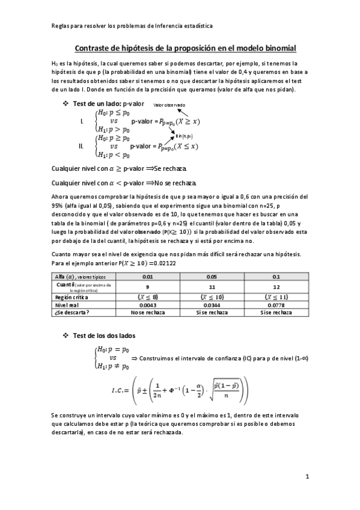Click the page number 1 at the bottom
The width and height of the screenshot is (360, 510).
pyautogui.click(x=307, y=477)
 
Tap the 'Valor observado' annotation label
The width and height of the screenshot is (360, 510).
pyautogui.click(x=169, y=105)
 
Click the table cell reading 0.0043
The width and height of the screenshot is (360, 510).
pyautogui.click(x=148, y=305)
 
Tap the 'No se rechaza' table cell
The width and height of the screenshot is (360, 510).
pyautogui.click(x=148, y=313)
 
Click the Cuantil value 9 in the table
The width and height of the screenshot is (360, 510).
pyautogui.click(x=148, y=287)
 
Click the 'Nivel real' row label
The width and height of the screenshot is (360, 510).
pyautogui.click(x=67, y=305)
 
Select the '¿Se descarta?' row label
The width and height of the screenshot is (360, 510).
pyautogui.click(x=72, y=313)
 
